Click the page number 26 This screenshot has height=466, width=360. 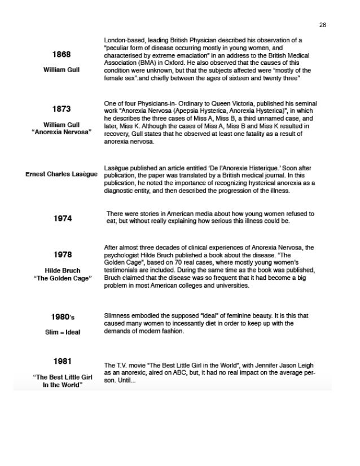point(323,25)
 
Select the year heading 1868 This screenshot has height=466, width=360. point(62,55)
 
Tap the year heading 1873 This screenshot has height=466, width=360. point(62,109)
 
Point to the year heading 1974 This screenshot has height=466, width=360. point(63,218)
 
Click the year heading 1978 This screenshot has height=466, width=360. point(63,255)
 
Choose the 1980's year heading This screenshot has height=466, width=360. point(62,317)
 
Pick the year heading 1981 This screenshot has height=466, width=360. point(63,361)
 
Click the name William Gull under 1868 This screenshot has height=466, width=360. point(62,70)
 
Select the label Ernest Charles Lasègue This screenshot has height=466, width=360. point(62,174)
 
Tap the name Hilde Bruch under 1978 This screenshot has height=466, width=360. point(62,271)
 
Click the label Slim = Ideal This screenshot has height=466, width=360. point(62,332)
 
